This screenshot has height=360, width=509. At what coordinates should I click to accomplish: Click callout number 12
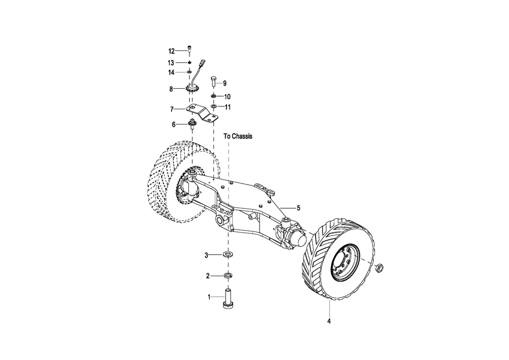[x=171, y=51]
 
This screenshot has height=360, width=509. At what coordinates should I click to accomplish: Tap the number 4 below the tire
[x=329, y=322]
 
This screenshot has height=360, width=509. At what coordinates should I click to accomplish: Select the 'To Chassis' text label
[x=238, y=136]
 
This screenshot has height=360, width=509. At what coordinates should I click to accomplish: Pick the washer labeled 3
[x=228, y=254]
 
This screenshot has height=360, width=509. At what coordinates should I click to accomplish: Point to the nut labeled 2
[x=228, y=276]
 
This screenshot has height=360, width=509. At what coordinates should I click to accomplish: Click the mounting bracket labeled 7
[x=202, y=114]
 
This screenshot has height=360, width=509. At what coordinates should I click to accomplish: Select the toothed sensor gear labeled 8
[x=192, y=88]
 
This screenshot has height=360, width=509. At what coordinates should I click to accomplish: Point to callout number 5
[x=299, y=208]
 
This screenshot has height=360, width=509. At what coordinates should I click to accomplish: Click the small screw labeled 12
[x=189, y=49]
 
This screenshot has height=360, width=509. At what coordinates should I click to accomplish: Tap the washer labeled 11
[x=214, y=106]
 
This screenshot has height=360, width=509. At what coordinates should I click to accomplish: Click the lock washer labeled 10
[x=213, y=96]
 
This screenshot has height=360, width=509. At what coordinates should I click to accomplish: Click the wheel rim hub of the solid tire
[x=345, y=262]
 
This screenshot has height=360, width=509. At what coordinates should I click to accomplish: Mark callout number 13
[x=171, y=63]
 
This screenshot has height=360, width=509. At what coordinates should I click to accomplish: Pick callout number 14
[x=171, y=72]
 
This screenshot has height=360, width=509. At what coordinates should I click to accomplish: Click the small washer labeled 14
[x=189, y=72]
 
